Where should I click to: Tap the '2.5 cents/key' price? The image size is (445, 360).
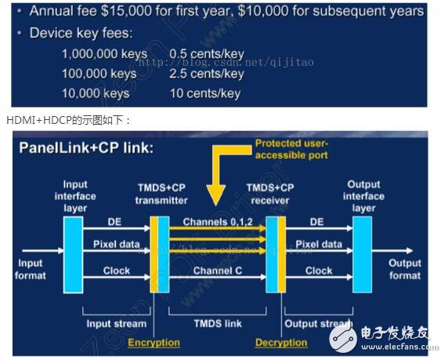click(207, 73)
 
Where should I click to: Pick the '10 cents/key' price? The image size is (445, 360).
click(204, 93)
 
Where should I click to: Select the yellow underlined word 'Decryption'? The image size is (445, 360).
click(280, 342)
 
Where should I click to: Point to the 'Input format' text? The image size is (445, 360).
click(31, 269)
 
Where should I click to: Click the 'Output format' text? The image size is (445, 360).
click(404, 269)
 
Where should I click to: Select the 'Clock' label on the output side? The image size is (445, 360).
click(318, 271)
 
